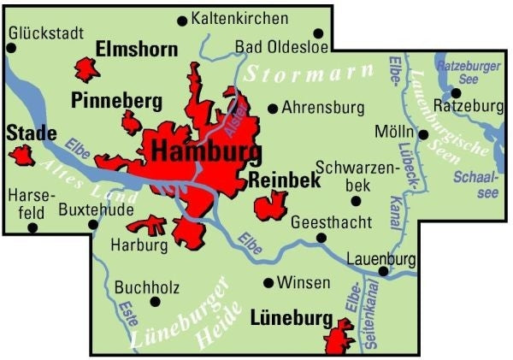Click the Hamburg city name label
point(205,153)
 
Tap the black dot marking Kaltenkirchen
point(181,20)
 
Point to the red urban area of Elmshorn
point(87,68)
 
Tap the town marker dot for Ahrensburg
point(273,109)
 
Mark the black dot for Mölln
point(423,134)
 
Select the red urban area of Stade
point(21,156)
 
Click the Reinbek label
point(284,180)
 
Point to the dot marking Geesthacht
point(321,239)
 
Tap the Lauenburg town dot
point(383,272)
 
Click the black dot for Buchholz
point(155,301)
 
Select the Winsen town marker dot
point(268,283)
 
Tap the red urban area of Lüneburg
point(340,337)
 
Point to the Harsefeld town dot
point(32,227)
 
